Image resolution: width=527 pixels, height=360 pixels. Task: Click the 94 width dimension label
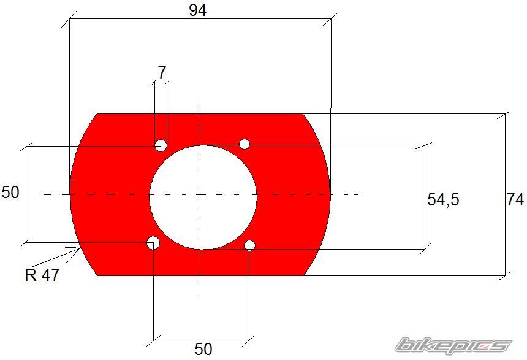click(x=197, y=10)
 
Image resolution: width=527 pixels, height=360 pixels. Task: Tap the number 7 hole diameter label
click(x=162, y=72)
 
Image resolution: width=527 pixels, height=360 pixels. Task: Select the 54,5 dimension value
click(x=443, y=200)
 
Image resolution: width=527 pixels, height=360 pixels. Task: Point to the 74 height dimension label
click(x=515, y=200)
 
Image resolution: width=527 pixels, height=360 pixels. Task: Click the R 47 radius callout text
click(x=42, y=275)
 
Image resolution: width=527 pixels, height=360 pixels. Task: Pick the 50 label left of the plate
click(x=10, y=193)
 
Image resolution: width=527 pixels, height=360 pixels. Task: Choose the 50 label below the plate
click(x=203, y=349)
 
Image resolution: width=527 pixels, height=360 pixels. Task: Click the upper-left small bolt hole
click(x=161, y=145)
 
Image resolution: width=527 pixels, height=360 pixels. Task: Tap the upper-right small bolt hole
click(x=245, y=144)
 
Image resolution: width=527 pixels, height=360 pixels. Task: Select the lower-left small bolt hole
click(x=153, y=243)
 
